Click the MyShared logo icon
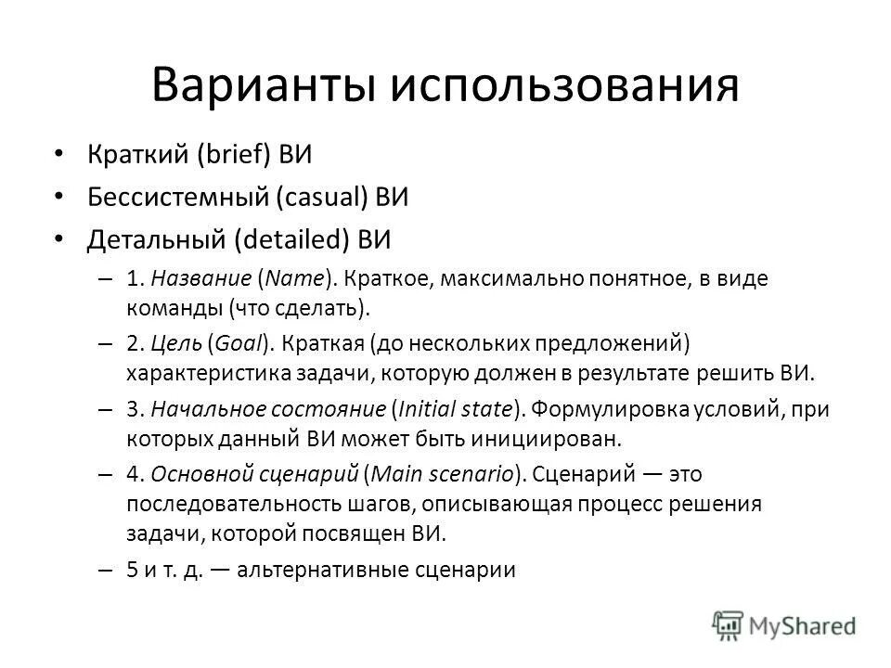pos(729,624)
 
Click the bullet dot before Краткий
pos(59,153)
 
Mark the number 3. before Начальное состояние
pos(134,408)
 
